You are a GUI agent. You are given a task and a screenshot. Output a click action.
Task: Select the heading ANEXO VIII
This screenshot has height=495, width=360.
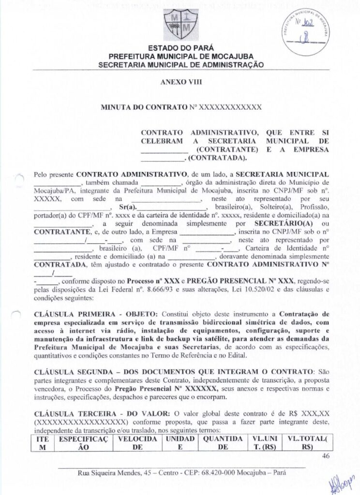point(180,82)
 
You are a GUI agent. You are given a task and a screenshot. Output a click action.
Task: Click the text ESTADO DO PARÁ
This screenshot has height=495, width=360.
point(180,48)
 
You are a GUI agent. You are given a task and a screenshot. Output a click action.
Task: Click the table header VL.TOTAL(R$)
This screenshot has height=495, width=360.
point(307,442)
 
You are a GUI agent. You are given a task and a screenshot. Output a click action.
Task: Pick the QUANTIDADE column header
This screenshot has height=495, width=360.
point(223,442)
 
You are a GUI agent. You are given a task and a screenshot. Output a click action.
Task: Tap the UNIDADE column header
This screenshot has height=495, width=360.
point(180,442)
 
